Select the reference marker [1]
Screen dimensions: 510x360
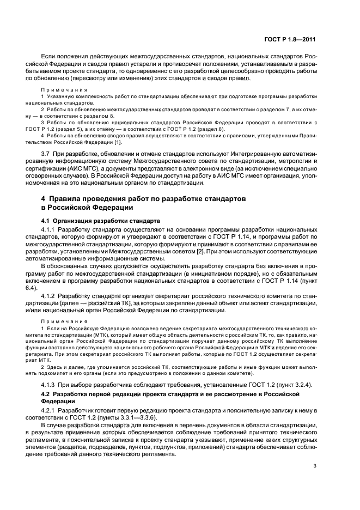(119, 142)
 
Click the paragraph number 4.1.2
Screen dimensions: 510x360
(50, 295)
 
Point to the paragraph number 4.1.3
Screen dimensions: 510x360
(50, 385)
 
